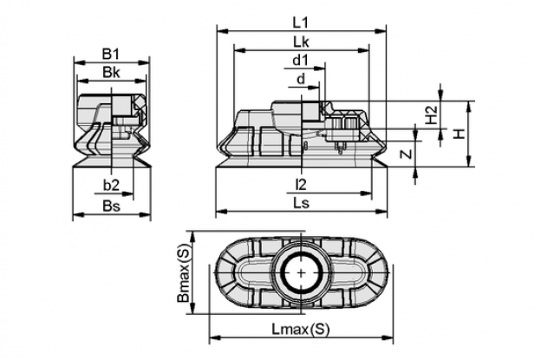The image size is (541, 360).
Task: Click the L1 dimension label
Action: [300, 23]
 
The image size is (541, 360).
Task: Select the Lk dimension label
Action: [301, 43]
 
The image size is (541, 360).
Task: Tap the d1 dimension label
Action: [300, 61]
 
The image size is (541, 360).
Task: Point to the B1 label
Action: [111, 54]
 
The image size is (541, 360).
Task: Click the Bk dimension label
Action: [111, 73]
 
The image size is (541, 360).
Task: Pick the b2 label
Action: [111, 186]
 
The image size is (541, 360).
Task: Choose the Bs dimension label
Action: [112, 206]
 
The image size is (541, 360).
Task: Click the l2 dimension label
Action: [301, 186]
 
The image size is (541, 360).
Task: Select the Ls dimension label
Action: [301, 203]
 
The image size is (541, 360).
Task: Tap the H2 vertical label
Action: [431, 115]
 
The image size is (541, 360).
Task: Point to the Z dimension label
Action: [407, 154]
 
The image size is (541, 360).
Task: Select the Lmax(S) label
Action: [301, 329]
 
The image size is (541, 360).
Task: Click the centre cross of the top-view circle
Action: [302, 272]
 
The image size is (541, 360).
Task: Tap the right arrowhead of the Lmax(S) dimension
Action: [388, 337]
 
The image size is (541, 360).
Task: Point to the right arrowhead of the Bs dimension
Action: [145, 214]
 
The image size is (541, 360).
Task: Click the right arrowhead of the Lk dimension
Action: [363, 50]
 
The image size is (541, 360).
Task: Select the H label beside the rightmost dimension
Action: [460, 134]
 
